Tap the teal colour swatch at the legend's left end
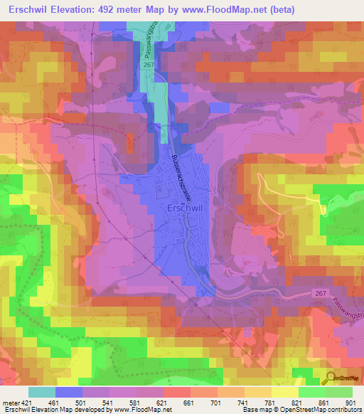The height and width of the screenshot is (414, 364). [x=42, y=392]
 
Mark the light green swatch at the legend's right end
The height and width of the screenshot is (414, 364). [x=339, y=392]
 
